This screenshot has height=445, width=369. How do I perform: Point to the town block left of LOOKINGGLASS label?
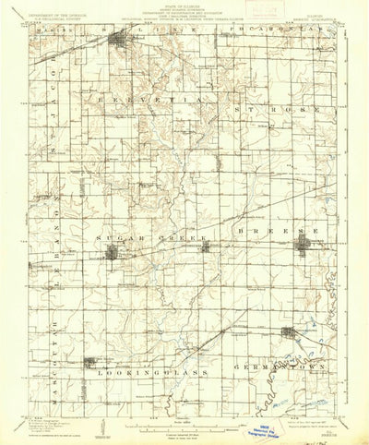tap(90, 363)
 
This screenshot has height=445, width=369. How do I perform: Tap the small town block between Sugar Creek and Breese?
tap(205, 246)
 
